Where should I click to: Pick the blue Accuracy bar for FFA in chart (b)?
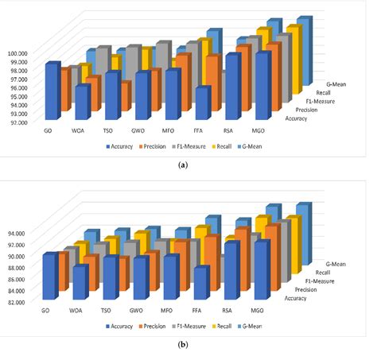(201, 285)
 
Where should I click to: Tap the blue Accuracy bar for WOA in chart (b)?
(80, 283)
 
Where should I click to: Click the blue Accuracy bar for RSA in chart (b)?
(231, 272)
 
